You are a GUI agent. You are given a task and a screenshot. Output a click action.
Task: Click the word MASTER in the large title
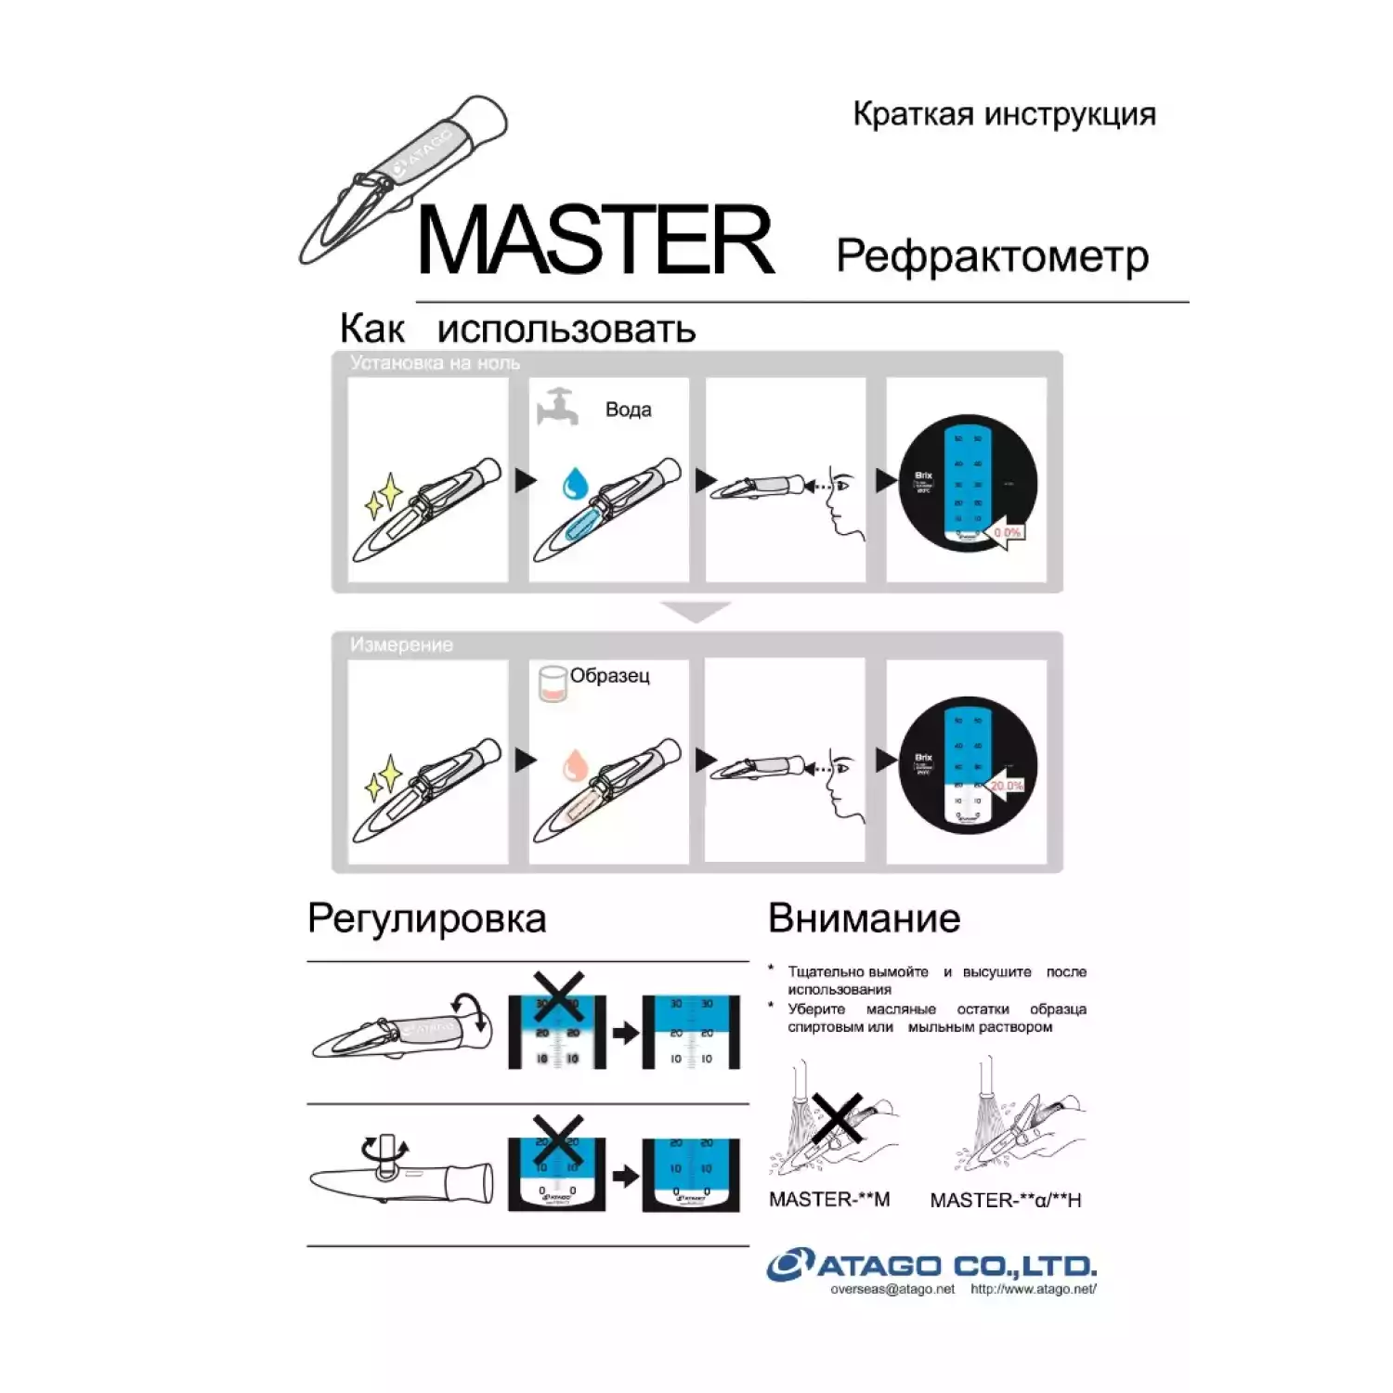coord(595,241)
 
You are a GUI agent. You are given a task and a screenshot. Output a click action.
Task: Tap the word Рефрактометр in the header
coord(992,256)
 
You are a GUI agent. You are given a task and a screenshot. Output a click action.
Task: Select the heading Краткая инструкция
coord(1004,114)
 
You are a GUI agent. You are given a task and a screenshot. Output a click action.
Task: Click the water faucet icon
coord(557,407)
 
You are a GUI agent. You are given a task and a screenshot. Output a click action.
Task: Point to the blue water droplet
coord(575,483)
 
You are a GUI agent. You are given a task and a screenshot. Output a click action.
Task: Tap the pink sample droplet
coord(575,764)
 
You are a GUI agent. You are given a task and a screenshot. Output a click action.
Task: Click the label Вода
coord(628,410)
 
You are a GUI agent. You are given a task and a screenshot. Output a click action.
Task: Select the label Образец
coord(609,676)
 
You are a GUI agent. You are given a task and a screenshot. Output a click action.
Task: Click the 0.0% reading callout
coord(1007,533)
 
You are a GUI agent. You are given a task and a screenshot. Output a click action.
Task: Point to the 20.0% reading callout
coord(1006,786)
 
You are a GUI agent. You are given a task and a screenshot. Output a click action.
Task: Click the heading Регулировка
coord(426,918)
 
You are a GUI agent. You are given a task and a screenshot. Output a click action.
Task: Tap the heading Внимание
coord(864,918)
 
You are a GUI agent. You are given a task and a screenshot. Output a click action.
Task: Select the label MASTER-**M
coord(828,1200)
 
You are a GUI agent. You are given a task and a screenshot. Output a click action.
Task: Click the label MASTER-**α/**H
coord(1005,1201)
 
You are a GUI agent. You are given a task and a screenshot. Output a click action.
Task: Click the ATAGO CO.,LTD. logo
coord(931,1265)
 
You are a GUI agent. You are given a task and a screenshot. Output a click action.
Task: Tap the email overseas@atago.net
coord(892,1289)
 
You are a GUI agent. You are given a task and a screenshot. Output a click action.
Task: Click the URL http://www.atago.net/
coord(1033,1289)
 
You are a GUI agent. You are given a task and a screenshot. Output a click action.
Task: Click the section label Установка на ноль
coord(435,363)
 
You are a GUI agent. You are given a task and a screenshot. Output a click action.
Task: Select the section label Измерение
coord(401,644)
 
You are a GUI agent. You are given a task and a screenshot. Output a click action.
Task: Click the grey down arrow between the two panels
coord(696,611)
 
